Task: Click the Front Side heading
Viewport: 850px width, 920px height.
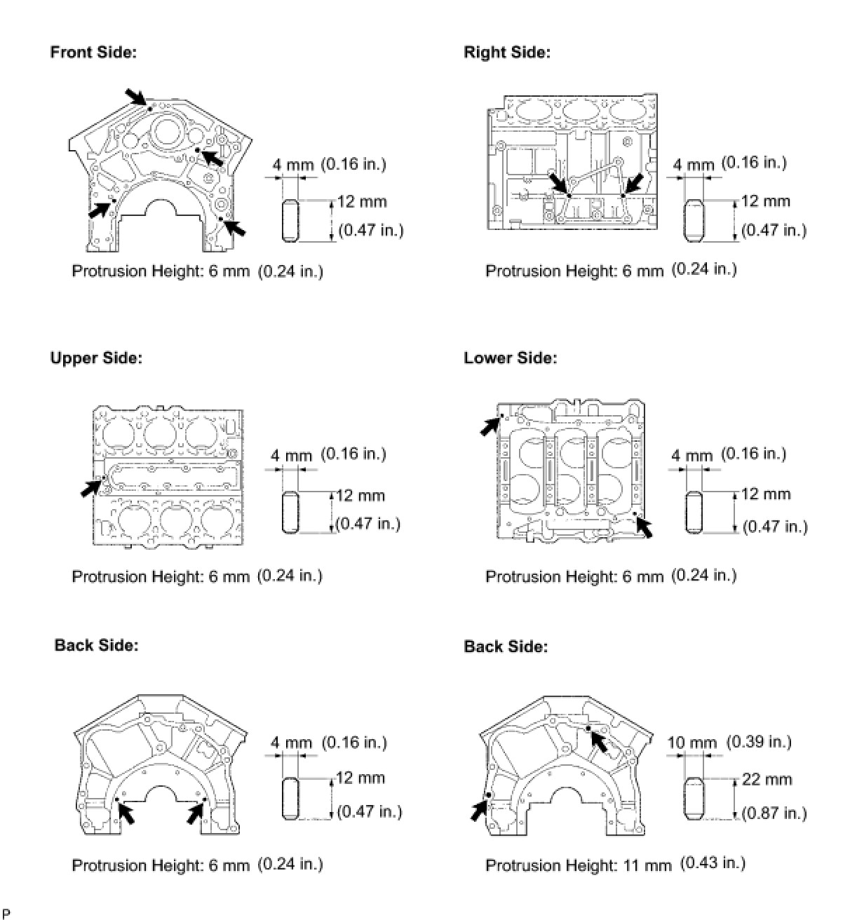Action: click(x=93, y=53)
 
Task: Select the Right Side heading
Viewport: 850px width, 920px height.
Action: click(x=507, y=53)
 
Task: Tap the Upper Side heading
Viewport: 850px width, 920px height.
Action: click(x=96, y=358)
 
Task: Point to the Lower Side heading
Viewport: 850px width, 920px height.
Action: click(x=510, y=358)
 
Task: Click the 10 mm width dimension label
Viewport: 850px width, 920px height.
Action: click(x=692, y=743)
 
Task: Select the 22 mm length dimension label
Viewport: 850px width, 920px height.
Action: click(x=768, y=780)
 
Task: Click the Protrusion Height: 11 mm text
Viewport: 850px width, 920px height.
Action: click(x=578, y=865)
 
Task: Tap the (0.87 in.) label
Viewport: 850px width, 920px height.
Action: click(x=774, y=813)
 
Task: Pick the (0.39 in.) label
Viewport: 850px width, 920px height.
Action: click(x=759, y=742)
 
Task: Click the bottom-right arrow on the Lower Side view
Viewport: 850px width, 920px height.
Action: click(x=644, y=527)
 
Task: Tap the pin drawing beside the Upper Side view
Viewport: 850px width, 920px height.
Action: click(x=290, y=514)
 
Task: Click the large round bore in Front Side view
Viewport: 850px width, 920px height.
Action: click(x=168, y=132)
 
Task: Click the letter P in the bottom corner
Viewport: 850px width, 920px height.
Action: click(x=6, y=913)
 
